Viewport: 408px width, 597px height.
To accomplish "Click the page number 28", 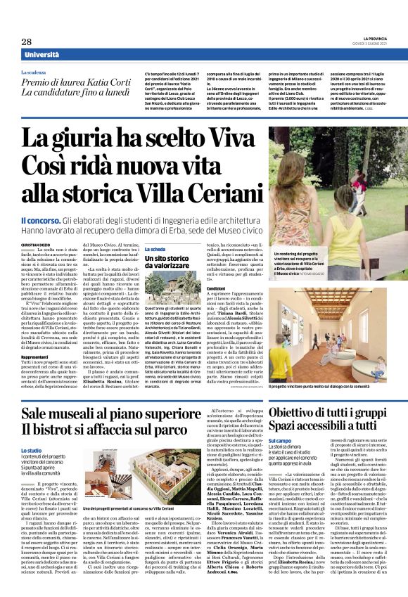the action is [26, 42].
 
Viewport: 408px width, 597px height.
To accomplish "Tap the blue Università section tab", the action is [42, 55].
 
